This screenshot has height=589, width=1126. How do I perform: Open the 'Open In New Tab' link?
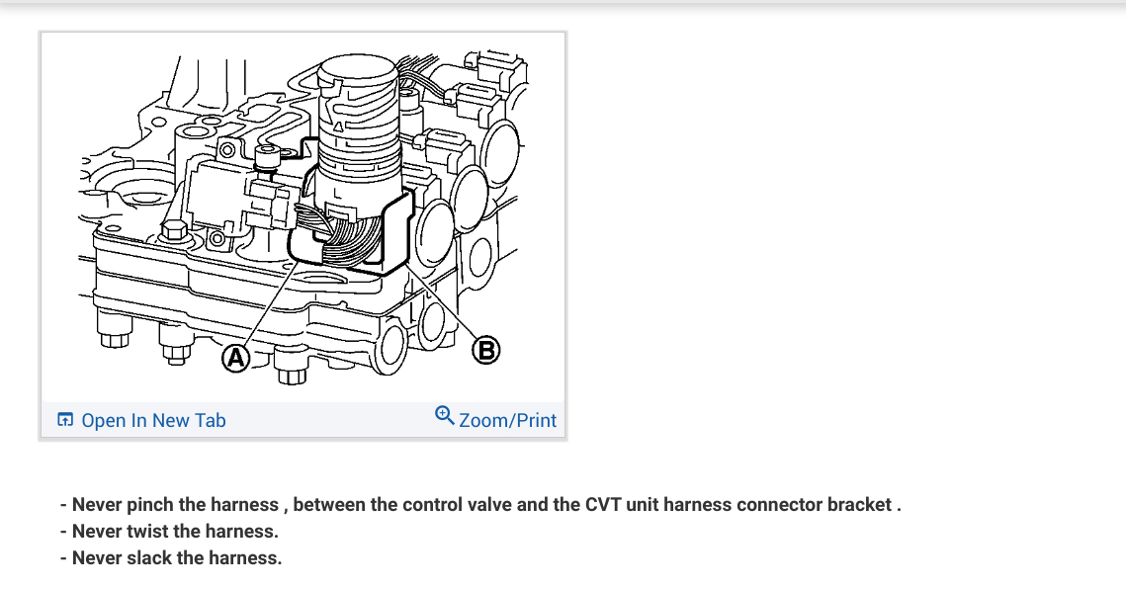point(153,420)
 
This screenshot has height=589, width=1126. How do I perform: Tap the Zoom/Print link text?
point(508,420)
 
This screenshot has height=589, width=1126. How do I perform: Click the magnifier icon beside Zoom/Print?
point(445,416)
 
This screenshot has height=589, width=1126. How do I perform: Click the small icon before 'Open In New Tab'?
point(65,420)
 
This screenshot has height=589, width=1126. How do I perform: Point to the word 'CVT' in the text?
point(608,504)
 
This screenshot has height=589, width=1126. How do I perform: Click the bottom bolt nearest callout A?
point(290,374)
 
